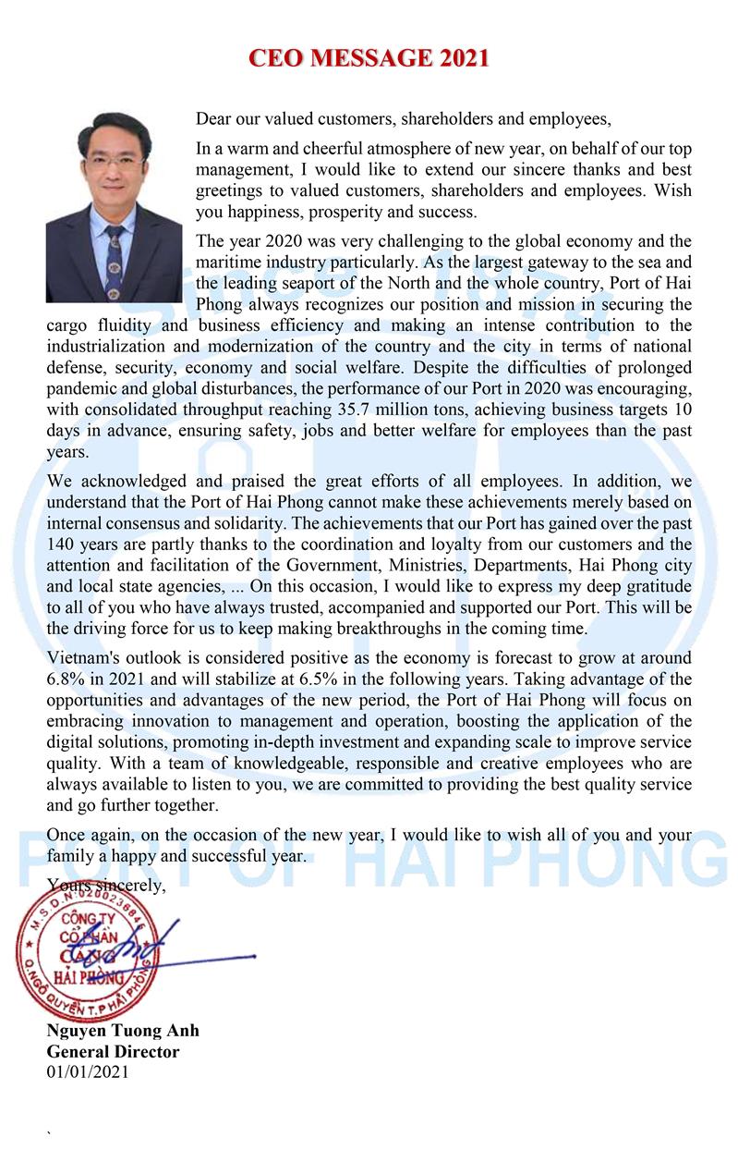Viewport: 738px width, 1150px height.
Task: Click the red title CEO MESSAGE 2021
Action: [x=369, y=58]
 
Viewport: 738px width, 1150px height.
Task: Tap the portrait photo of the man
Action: [x=115, y=207]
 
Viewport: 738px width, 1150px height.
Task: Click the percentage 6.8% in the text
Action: [x=66, y=679]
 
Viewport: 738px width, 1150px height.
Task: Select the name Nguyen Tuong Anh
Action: [x=123, y=1031]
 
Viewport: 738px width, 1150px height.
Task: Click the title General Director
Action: [x=113, y=1051]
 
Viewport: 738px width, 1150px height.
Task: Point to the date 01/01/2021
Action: [x=88, y=1072]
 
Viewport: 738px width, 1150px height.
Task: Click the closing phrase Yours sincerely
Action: [x=106, y=885]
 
